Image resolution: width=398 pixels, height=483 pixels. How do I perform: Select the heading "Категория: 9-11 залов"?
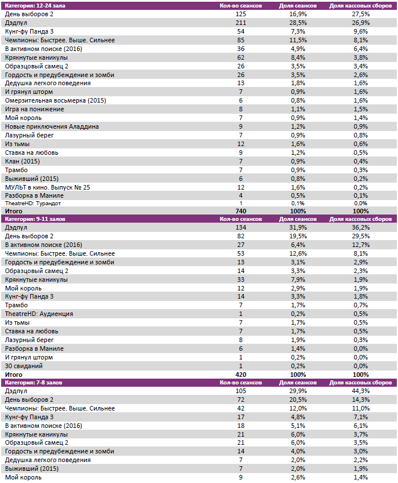pos(35,220)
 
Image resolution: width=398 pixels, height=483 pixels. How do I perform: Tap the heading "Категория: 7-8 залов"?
pos(34,383)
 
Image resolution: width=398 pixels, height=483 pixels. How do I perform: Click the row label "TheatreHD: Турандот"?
pos(32,204)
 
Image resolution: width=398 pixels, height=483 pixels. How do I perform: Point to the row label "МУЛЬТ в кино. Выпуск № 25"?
pos(48,187)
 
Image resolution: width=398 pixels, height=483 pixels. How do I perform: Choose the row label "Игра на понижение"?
pos(34,109)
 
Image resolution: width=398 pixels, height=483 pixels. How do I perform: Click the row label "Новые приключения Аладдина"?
pos(52,126)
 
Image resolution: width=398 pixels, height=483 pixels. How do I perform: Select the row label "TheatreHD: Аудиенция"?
pos(39,314)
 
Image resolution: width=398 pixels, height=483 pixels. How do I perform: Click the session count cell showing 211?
pos(241,22)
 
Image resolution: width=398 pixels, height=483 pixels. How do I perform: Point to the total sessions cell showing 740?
pos(241,212)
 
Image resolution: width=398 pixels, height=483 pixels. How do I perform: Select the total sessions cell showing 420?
pos(241,375)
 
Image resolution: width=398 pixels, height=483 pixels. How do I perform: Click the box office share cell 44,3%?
pos(360,391)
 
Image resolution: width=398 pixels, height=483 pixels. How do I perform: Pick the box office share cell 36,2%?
pos(360,228)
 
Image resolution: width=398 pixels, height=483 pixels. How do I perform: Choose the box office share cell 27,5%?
pos(360,13)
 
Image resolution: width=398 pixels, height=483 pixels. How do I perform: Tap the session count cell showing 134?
pos(241,228)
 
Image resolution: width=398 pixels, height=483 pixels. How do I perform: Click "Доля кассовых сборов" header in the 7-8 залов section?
pos(360,383)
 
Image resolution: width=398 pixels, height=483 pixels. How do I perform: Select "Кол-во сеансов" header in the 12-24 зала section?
pos(241,5)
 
